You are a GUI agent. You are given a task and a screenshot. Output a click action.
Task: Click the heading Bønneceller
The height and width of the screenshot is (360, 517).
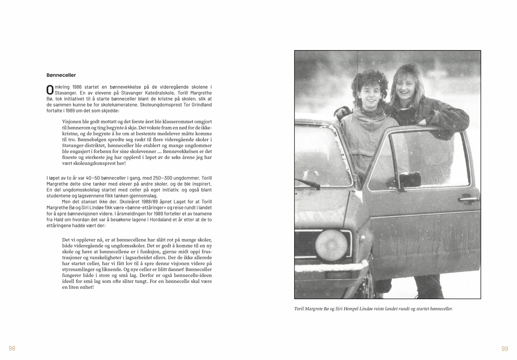61,75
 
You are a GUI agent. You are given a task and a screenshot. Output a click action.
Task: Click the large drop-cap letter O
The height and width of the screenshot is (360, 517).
50,90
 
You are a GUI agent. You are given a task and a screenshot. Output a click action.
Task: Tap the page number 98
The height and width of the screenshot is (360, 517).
12,348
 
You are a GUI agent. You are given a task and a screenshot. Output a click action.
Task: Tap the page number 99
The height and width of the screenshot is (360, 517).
504,349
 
